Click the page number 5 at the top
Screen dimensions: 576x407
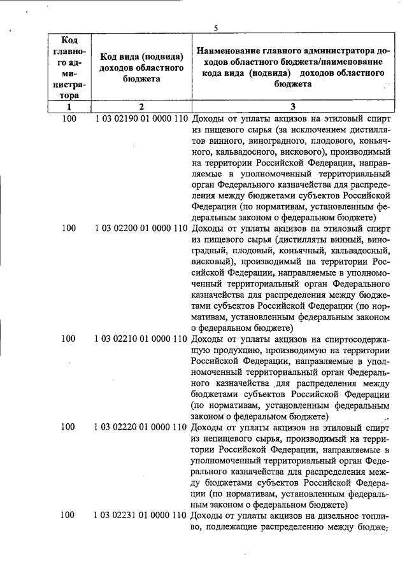pyautogui.click(x=216, y=28)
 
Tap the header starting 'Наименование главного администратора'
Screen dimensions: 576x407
pyautogui.click(x=292, y=67)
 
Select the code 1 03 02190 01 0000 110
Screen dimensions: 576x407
pyautogui.click(x=141, y=119)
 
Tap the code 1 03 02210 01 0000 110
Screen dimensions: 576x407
pyautogui.click(x=141, y=339)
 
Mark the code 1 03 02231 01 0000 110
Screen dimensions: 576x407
pyautogui.click(x=141, y=515)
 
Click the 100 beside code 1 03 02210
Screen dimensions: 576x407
pyautogui.click(x=69, y=339)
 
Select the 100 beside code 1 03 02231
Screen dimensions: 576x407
pyautogui.click(x=69, y=515)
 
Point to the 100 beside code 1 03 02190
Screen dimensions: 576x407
pyautogui.click(x=69, y=119)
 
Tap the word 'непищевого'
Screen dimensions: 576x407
pyautogui.click(x=226, y=438)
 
